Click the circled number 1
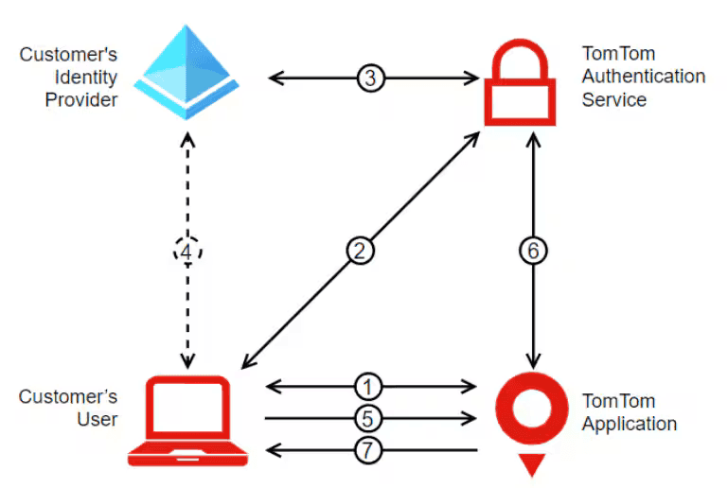coord(371,386)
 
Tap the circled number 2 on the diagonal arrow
coord(361,252)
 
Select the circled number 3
coord(371,78)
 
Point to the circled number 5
coord(371,417)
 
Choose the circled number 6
coord(534,252)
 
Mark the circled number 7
coord(371,449)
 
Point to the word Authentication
coord(643,77)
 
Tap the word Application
coord(629,424)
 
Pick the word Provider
coord(81,99)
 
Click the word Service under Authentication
coord(613,99)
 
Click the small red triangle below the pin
coord(533,465)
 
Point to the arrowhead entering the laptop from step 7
coord(271,449)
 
